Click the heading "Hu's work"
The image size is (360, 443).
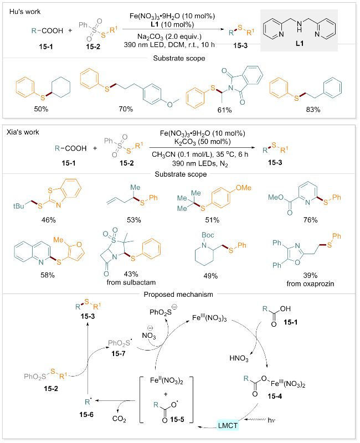tap(25, 12)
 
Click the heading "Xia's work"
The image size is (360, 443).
tap(23, 132)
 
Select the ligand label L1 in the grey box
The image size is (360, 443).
tap(300, 43)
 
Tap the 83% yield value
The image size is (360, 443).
tap(313, 110)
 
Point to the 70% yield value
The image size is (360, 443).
tap(126, 109)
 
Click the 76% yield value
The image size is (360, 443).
tap(310, 220)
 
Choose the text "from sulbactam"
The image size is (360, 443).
tap(131, 282)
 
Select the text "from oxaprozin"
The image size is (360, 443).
tap(310, 284)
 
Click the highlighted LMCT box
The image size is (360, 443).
tap(228, 425)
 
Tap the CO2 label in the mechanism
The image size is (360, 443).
tap(119, 419)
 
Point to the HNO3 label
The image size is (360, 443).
tap(239, 358)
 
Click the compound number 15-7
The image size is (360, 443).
tap(119, 353)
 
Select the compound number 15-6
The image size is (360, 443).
tap(86, 414)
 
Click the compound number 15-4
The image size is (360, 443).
tap(275, 396)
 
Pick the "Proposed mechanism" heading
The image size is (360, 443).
tap(178, 295)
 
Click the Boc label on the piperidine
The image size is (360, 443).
tap(208, 235)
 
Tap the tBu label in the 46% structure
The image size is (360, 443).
tap(19, 206)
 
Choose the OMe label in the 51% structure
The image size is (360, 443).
tap(243, 188)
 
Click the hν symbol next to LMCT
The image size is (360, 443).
tap(271, 420)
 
